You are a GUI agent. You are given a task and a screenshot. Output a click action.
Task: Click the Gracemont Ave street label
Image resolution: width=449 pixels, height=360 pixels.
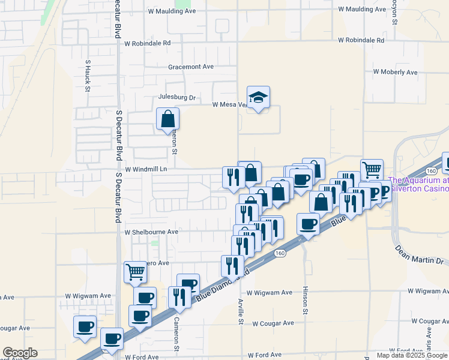pos(191,67)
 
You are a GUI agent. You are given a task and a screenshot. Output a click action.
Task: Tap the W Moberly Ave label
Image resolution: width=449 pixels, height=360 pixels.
pos(395,72)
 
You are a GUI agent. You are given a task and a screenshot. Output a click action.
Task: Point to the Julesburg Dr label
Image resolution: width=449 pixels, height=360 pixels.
pos(176,97)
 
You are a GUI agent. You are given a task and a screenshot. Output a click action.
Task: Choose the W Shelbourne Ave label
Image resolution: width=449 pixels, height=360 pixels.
pos(151,232)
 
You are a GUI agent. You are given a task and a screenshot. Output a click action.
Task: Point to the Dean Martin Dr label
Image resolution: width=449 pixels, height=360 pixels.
pos(418,254)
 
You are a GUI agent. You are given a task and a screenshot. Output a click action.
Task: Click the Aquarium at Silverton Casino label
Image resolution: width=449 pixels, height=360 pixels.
pos(419,184)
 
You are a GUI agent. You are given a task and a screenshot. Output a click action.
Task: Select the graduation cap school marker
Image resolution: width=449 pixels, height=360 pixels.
pos(258,98)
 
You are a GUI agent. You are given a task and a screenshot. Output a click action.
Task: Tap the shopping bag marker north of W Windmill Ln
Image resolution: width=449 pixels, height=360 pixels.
pos(167,119)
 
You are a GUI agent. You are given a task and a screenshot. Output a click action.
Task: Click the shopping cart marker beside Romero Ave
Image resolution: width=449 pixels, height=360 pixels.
pos(135,272)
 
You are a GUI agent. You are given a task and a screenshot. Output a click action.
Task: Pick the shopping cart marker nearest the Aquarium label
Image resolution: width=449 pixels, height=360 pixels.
pos(372,170)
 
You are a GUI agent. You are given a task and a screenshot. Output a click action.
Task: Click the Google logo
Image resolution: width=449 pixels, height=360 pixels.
pos(20,353)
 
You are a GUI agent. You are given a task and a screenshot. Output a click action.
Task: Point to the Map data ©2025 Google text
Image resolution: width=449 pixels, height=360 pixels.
pos(412,355)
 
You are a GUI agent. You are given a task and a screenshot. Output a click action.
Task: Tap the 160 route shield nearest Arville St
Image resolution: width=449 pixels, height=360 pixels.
pos(280,254)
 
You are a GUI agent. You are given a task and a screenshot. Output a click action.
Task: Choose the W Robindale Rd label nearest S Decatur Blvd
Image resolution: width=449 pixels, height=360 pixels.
pos(147,43)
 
